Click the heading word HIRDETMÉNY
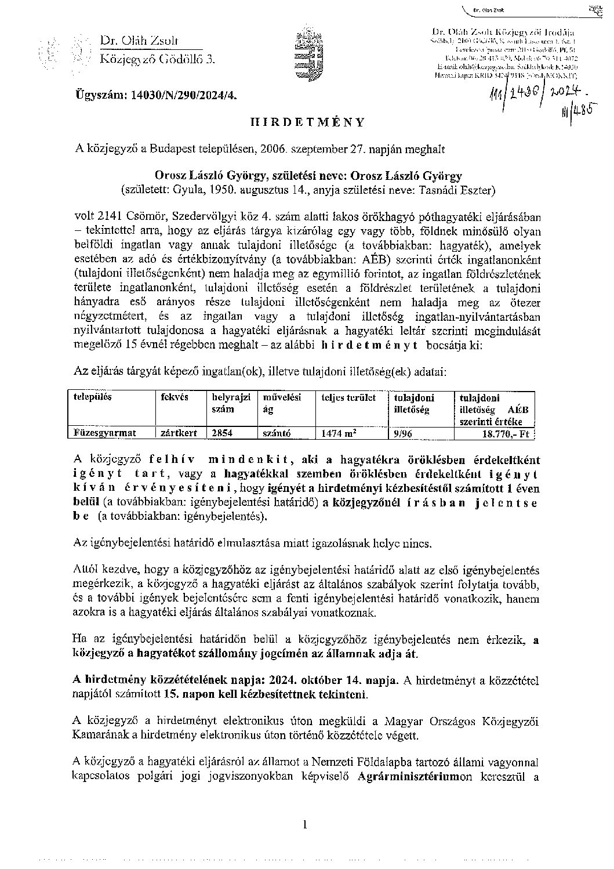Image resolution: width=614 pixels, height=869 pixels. tap(306, 122)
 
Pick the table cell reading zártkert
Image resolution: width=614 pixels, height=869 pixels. tap(175, 433)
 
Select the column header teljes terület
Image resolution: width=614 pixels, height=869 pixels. tap(349, 398)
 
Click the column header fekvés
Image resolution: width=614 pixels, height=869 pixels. tap(175, 397)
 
